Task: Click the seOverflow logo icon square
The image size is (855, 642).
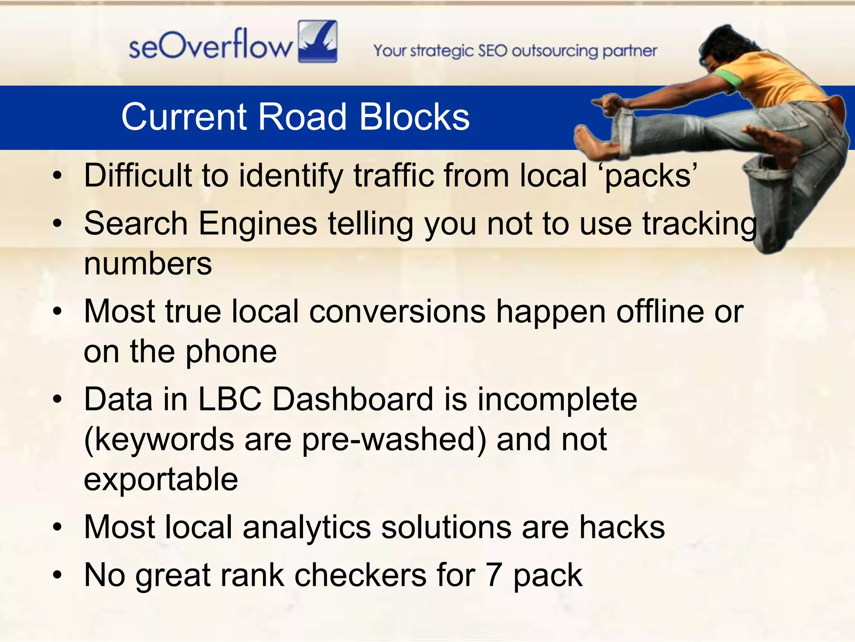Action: [318, 41]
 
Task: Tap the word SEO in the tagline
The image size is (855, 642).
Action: [492, 51]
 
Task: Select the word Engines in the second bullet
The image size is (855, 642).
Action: [258, 224]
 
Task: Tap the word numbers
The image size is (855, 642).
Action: [148, 264]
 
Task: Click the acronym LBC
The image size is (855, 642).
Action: [230, 399]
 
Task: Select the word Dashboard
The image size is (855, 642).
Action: [353, 399]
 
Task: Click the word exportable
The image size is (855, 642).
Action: [161, 479]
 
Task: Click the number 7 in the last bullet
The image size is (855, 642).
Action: [493, 575]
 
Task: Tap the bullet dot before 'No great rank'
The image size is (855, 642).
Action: [58, 576]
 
